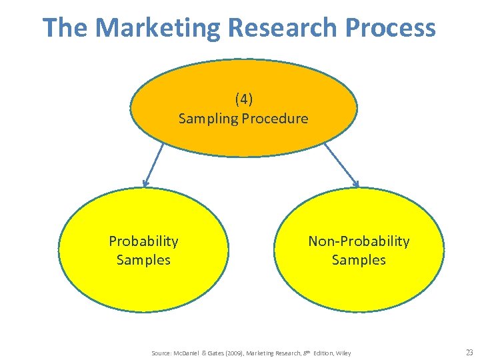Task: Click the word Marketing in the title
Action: pos(157,28)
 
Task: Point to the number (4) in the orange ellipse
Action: pos(243,99)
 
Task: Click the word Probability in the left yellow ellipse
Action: pos(143,241)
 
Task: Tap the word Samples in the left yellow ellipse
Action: pos(143,259)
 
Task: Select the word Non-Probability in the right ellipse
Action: pos(359,241)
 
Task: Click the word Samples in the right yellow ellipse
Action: pos(359,259)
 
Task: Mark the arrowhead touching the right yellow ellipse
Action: pos(356,183)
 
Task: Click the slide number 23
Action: pos(469,353)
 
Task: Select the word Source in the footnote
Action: pos(161,353)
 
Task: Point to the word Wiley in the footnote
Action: pos(343,353)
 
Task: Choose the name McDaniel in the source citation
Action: pos(189,353)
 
